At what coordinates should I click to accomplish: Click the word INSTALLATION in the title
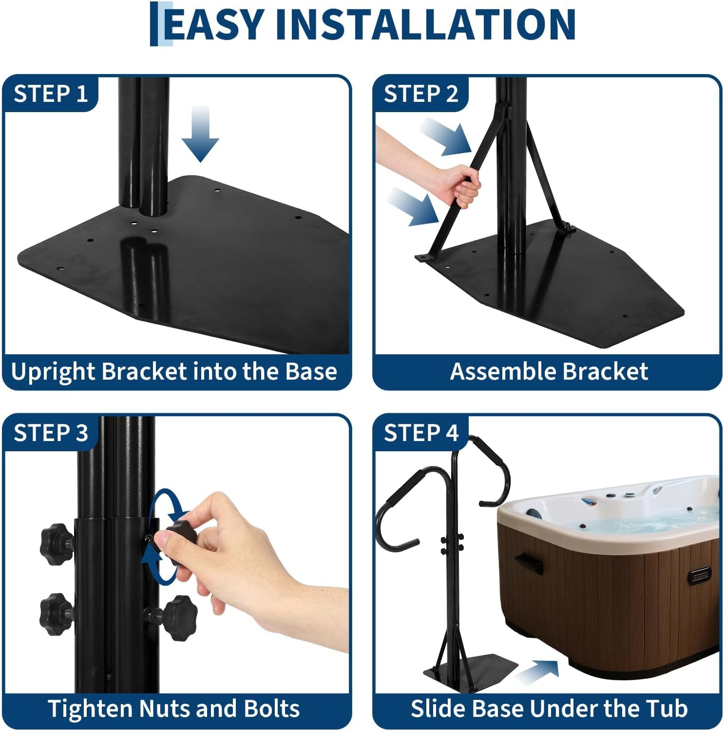point(425,24)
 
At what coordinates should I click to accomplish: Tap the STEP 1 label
point(51,94)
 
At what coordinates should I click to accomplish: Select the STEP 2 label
point(421,94)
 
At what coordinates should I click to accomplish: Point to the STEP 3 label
point(51,433)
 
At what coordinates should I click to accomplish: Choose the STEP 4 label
point(421,433)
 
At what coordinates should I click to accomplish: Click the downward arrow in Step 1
point(201,134)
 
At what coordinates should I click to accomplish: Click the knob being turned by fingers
point(182,535)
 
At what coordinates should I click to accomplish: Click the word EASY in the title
point(214,24)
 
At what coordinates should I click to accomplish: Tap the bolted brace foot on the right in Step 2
point(568,228)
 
